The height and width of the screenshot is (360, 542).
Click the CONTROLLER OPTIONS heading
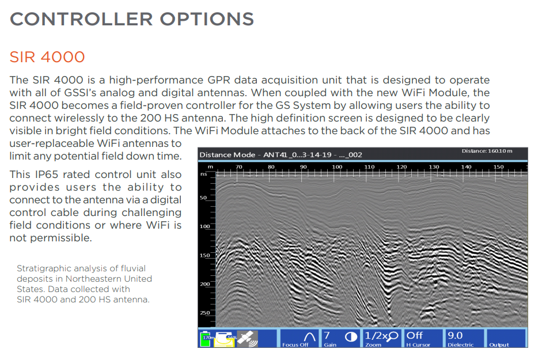point(132,19)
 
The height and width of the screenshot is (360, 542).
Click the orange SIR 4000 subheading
point(47,57)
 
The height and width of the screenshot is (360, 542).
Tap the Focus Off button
point(299,338)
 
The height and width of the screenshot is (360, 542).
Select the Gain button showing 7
point(340,338)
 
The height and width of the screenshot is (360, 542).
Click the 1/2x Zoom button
point(382,338)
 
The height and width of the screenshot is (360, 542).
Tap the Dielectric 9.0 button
point(465,338)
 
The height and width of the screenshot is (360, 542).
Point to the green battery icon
point(206,339)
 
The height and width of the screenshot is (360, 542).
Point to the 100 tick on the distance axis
point(337,166)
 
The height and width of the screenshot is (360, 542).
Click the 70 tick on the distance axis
point(239,166)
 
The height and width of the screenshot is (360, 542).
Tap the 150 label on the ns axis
point(204,255)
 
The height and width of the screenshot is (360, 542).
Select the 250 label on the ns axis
point(204,313)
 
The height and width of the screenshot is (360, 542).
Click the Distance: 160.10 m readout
point(487,151)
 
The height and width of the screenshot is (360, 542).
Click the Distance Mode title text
point(227,155)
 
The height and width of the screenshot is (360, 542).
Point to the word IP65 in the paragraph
point(46,175)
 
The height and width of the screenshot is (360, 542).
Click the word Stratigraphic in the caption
point(42,268)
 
